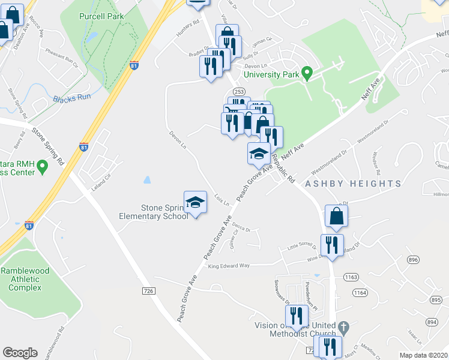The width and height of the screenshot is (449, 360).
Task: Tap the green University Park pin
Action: click(x=307, y=74)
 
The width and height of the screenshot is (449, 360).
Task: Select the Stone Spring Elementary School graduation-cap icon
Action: click(x=195, y=203)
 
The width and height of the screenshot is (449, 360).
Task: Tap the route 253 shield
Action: click(x=239, y=91)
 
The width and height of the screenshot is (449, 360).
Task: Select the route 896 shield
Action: click(x=413, y=260)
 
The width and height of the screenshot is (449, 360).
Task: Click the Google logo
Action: click(x=20, y=353)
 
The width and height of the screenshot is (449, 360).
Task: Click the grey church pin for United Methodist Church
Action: click(x=343, y=328)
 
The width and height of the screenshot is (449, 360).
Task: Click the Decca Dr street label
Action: click(x=241, y=228)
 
